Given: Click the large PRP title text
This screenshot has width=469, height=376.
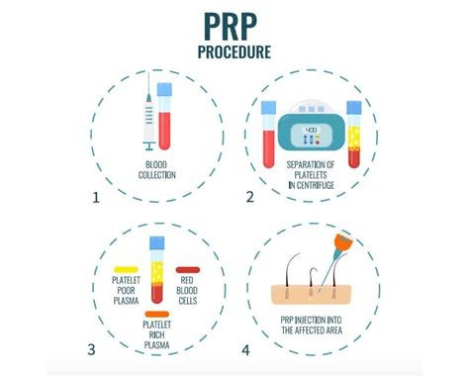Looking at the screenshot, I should (x=234, y=21).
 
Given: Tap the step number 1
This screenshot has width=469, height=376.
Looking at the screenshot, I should (x=96, y=197).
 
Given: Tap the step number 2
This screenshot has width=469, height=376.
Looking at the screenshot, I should (x=249, y=197).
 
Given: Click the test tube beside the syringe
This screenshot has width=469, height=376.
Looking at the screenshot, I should (x=165, y=114).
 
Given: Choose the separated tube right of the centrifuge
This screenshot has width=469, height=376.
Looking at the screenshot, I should (x=354, y=134).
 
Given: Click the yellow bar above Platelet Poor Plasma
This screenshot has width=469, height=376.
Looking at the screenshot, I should (x=125, y=269).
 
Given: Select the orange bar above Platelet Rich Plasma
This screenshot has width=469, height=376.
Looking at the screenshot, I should (x=156, y=315).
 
